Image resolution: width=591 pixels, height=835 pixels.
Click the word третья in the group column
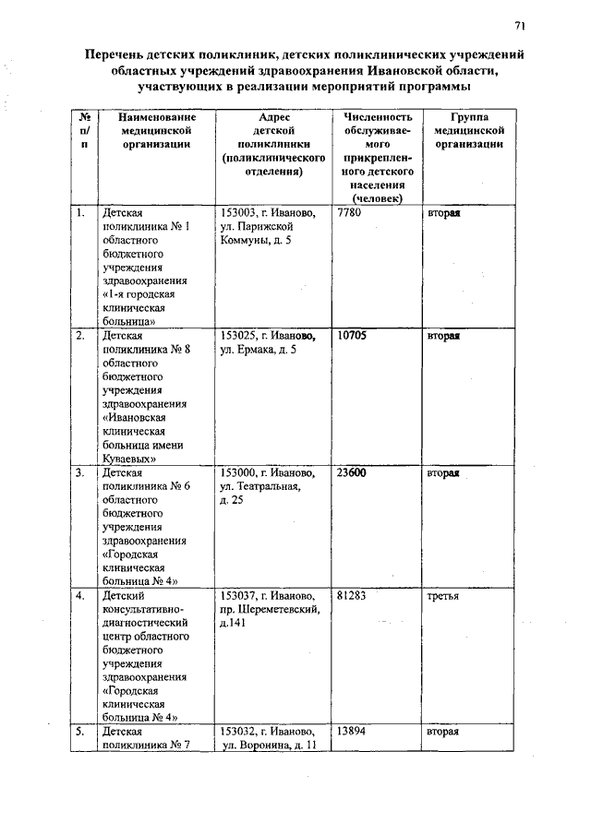tap(442, 596)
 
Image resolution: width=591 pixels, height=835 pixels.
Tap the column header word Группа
tap(469, 118)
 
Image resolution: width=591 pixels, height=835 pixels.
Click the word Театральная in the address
tap(266, 487)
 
